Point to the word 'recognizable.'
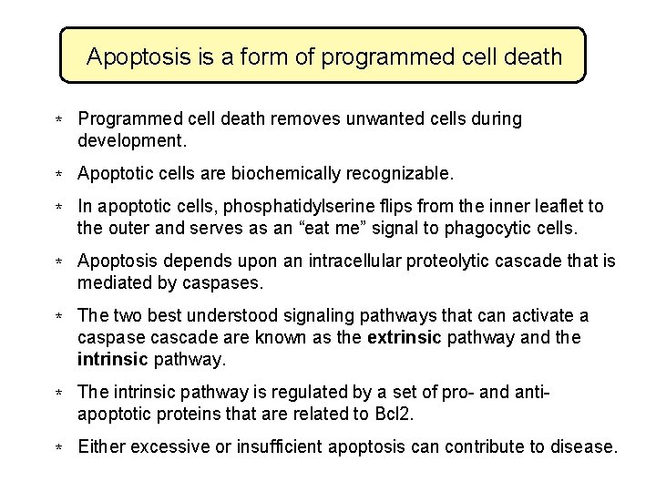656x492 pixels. click(405, 173)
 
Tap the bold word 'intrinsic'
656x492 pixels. click(113, 360)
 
